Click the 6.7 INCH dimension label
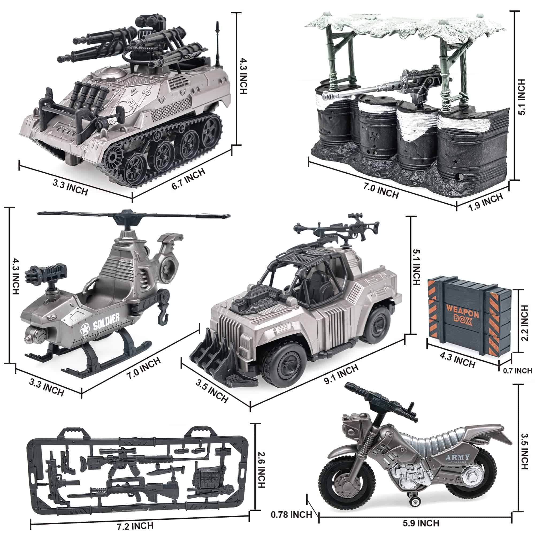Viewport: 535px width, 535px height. (188, 179)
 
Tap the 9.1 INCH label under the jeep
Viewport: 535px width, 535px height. (341, 374)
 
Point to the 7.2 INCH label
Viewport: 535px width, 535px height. (135, 526)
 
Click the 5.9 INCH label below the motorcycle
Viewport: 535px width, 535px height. (421, 523)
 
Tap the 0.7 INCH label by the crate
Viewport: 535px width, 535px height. (517, 370)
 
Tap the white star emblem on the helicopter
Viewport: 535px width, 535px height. (85, 330)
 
